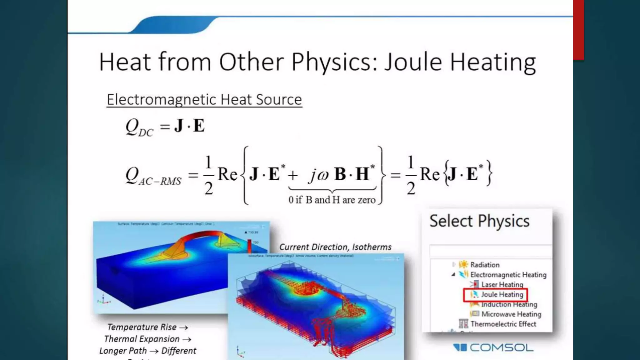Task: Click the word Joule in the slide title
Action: [413, 62]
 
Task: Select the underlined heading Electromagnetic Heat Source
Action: [204, 100]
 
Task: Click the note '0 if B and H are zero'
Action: [332, 200]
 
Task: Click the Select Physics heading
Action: [479, 221]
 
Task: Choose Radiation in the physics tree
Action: [485, 265]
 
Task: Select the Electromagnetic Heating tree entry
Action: [508, 275]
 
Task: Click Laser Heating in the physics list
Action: [502, 284]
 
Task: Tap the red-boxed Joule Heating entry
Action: [502, 294]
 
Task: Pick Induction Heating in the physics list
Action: [509, 304]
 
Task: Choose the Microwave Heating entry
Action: [511, 314]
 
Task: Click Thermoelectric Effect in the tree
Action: [503, 324]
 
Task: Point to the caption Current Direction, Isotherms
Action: [335, 247]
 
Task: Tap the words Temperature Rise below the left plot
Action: [142, 327]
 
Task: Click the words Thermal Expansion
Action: [142, 339]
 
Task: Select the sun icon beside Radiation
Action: [463, 264]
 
